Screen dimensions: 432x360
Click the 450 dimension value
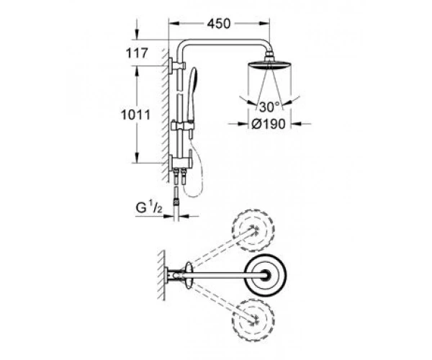(218, 24)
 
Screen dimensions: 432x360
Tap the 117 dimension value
(137, 53)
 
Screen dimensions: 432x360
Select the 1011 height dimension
(136, 114)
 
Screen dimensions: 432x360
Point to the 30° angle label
(269, 107)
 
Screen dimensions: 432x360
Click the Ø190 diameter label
(269, 124)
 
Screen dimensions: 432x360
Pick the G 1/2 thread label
(149, 208)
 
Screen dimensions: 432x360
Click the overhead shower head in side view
(270, 66)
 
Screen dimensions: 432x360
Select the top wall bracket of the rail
(177, 66)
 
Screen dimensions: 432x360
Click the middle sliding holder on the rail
(182, 126)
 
